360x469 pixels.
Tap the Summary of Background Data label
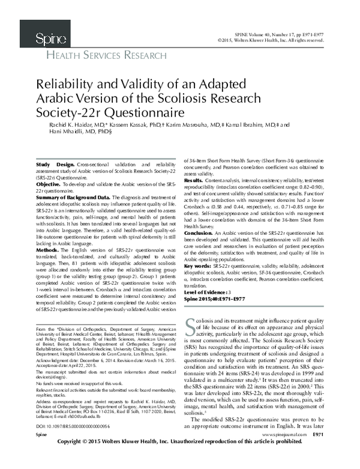pos(73,197)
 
